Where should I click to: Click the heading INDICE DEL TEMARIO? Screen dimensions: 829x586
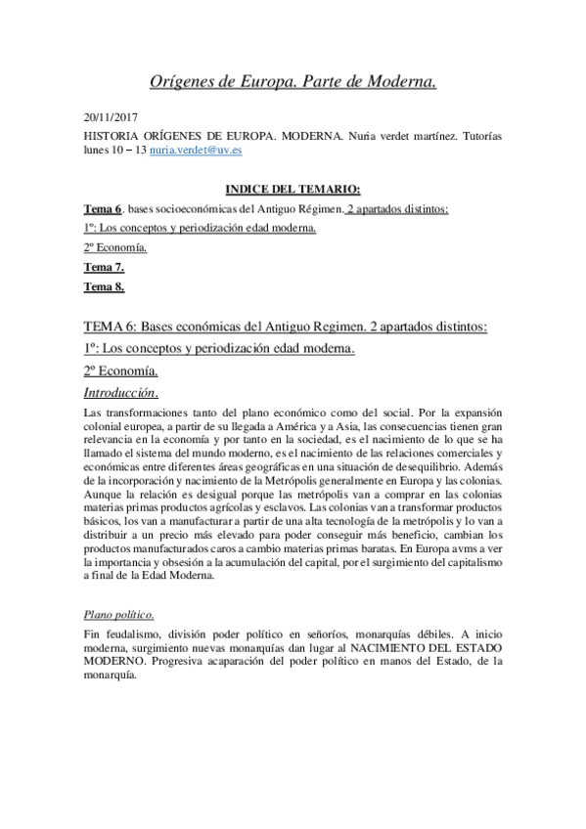coord(293,189)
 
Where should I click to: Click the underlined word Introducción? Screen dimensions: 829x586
coord(121,393)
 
